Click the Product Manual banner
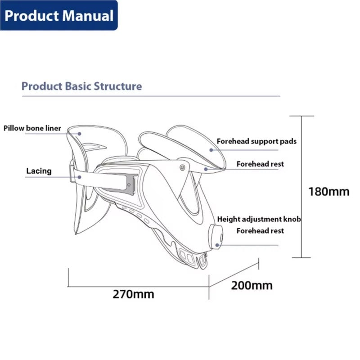[x=59, y=16]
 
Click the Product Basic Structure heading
[x=81, y=86]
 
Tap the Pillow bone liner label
[x=32, y=128]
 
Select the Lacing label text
[x=39, y=171]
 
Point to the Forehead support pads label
[x=256, y=141]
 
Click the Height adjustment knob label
[x=259, y=219]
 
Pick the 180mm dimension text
[x=328, y=191]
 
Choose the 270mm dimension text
[x=133, y=294]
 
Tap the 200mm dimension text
[x=252, y=285]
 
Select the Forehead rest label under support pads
[x=260, y=164]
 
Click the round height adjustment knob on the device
[x=218, y=237]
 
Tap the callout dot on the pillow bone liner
[x=80, y=133]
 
